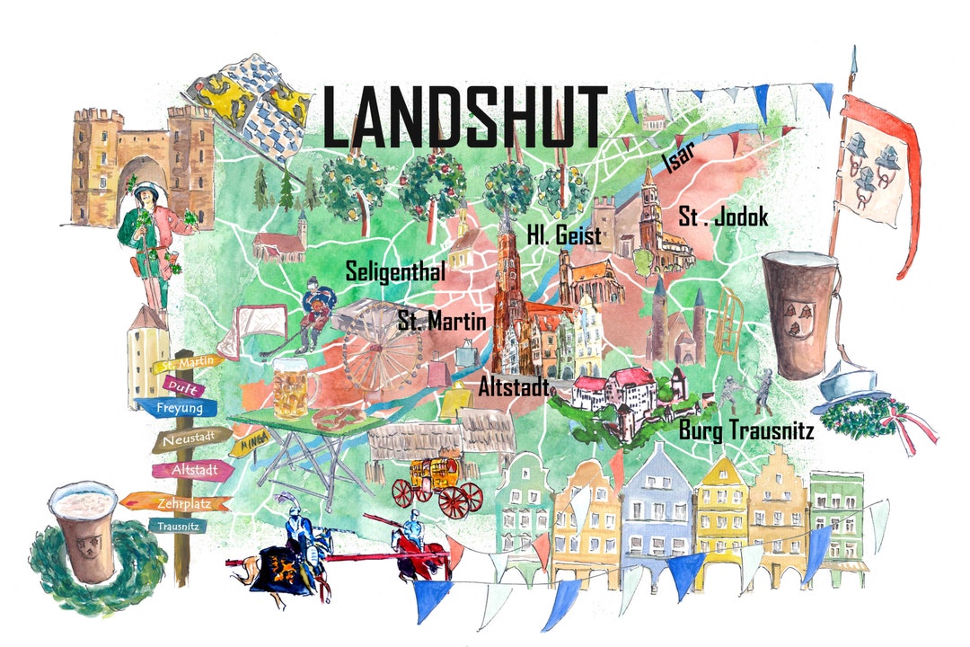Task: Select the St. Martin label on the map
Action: (441, 320)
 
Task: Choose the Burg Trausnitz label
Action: (745, 430)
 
